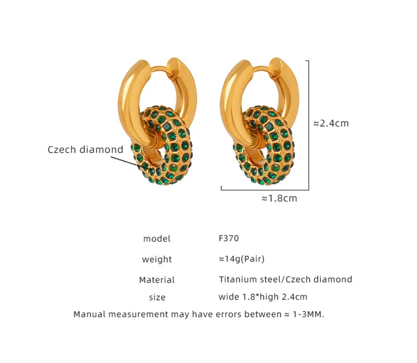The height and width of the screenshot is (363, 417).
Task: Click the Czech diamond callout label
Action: (x=85, y=150)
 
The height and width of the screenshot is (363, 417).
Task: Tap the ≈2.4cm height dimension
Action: (x=331, y=124)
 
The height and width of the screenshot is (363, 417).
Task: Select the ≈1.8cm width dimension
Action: (x=279, y=198)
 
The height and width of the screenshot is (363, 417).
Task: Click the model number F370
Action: (x=228, y=238)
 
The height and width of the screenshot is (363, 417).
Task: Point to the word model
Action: (x=157, y=239)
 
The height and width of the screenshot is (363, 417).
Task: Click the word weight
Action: (x=157, y=259)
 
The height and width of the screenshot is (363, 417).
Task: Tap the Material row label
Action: (x=157, y=280)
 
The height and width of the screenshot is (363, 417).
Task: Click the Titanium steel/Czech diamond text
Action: (x=285, y=280)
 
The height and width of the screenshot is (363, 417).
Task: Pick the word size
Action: (x=157, y=297)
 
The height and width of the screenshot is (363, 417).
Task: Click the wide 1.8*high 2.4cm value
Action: (x=263, y=297)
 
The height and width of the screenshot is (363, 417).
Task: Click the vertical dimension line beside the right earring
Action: (x=309, y=125)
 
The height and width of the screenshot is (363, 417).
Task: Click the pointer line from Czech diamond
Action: (x=133, y=161)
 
